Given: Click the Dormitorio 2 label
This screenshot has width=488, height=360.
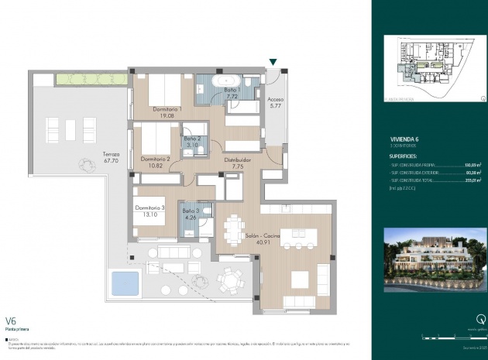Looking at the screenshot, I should [x=155, y=163].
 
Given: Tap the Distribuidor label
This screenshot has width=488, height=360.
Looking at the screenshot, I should [x=239, y=162].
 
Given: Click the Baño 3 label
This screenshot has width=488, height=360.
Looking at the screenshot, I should [x=191, y=214].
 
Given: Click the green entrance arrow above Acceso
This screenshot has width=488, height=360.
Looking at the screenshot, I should [x=273, y=63].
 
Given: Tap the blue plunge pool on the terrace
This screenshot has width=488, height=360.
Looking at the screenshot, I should [x=125, y=283].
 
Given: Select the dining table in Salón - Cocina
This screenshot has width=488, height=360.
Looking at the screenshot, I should [x=233, y=228].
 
